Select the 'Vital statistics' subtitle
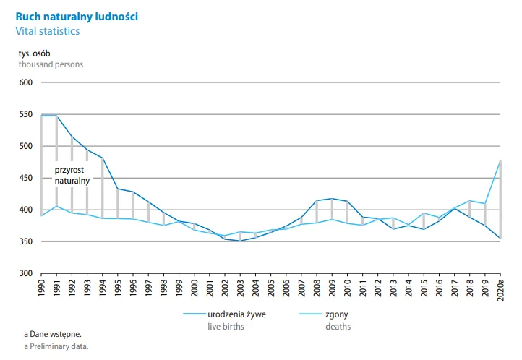[x=49, y=32]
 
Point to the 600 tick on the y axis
[x=27, y=82]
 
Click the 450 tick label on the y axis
[x=27, y=178]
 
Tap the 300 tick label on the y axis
[x=27, y=273]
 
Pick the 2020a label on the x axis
[x=501, y=291]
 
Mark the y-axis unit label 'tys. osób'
[x=35, y=53]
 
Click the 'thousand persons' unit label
[x=51, y=64]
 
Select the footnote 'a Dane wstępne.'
[x=53, y=334]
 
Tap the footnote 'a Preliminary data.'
[x=57, y=346]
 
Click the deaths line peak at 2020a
[x=501, y=161]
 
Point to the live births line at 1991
[x=56, y=115]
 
